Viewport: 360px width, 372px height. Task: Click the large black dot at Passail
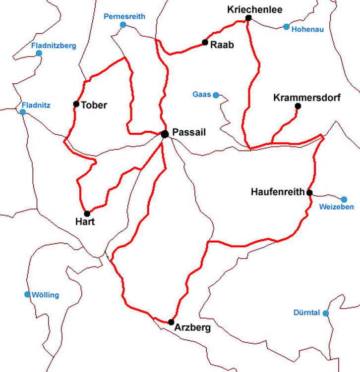pos(165,134)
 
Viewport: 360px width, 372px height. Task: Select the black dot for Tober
pos(76,104)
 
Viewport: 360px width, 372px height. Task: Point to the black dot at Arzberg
pos(171,321)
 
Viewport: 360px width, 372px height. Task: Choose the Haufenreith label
pos(278,192)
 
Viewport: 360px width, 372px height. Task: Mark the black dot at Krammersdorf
pos(298,106)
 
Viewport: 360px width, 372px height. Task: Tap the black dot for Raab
pos(205,43)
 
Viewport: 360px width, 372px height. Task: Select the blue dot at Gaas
pos(216,95)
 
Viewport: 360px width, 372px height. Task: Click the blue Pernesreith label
pos(124,16)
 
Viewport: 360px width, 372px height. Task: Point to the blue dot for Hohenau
pos(286,27)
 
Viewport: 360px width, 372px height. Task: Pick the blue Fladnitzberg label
pos(54,46)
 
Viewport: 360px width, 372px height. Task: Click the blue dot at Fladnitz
pos(22,112)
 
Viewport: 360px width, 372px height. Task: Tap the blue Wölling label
pos(45,295)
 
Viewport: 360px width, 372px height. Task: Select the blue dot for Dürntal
pos(326,313)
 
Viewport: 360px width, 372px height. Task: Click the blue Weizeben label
pos(337,207)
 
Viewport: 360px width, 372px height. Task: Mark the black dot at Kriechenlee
pos(248,18)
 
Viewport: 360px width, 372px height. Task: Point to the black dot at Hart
pos(87,213)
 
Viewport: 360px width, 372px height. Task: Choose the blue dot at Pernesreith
pos(123,25)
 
